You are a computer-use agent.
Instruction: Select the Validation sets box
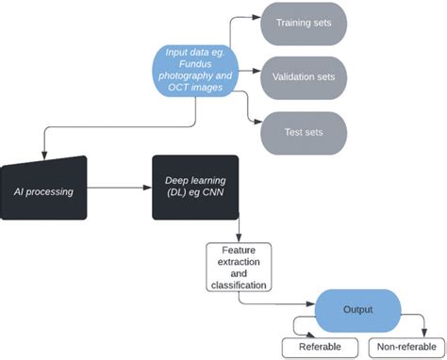coord(303,74)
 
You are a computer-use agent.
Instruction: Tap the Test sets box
coord(303,131)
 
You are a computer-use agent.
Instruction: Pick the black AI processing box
coord(44,189)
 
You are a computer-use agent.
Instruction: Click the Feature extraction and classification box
coord(239,266)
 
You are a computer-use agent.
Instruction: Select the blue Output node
coord(357,309)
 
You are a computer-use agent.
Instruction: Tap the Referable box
coord(321,347)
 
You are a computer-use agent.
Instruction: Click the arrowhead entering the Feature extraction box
coord(239,237)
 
